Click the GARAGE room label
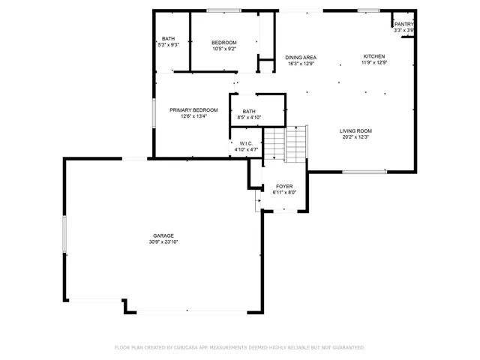[163, 236]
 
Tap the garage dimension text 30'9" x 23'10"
[163, 242]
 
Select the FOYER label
[284, 186]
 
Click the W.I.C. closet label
[246, 144]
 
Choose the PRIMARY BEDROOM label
[193, 110]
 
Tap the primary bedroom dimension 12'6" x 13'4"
[193, 116]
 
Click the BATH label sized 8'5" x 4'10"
[249, 112]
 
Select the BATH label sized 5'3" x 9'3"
[169, 39]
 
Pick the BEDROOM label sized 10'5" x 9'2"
[223, 42]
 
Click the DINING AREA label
[300, 58]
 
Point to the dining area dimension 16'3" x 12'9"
[300, 64]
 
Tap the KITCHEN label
[374, 56]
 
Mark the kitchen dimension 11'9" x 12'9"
[374, 62]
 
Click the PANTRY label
[404, 24]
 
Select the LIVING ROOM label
[356, 131]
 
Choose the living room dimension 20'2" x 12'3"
[356, 137]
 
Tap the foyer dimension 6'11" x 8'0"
[284, 192]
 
